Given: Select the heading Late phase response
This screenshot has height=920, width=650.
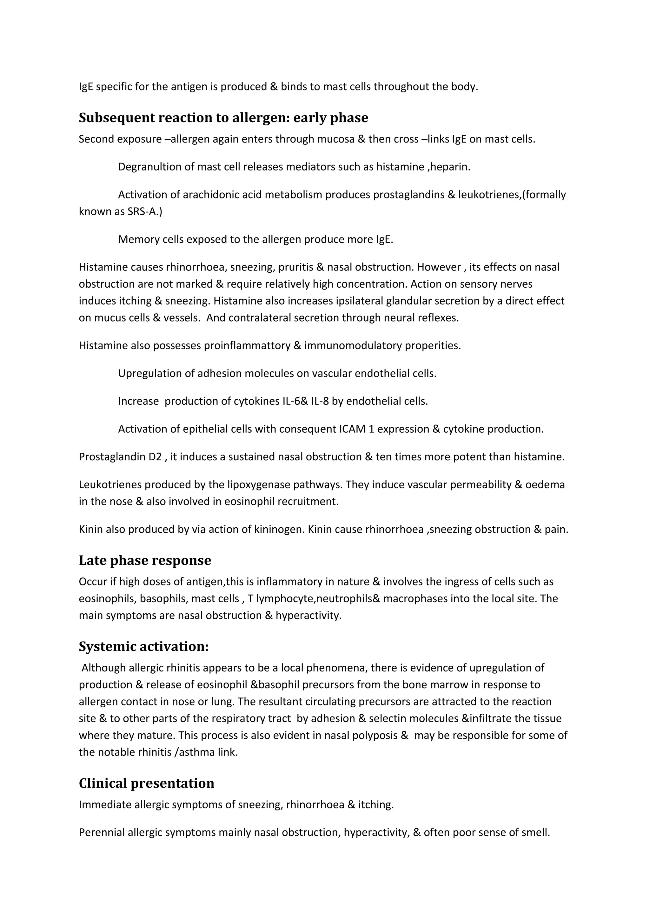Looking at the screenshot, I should [x=145, y=560].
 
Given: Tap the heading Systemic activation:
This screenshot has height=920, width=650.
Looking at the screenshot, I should [x=143, y=646].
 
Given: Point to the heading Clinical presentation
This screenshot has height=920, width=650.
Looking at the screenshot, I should [x=146, y=783].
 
